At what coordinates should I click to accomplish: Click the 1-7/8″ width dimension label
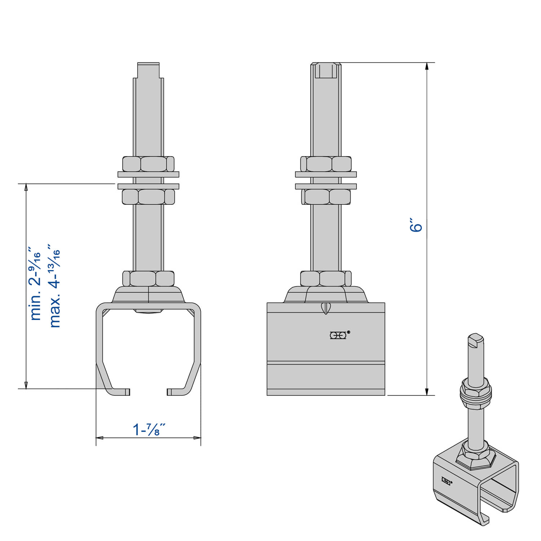coord(149,429)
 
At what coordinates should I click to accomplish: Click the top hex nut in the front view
coord(148,164)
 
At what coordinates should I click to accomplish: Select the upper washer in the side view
coord(326,174)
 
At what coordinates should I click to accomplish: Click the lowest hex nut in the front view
coord(148,278)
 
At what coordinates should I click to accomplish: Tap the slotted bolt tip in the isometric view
coord(475,340)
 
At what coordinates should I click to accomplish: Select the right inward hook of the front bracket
coord(176,392)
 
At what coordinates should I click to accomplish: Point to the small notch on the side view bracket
coord(326,308)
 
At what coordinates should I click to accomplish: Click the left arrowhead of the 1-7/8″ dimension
coord(100,438)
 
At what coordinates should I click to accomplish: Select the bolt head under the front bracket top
coord(148,311)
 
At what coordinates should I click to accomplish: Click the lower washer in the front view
coord(148,186)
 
